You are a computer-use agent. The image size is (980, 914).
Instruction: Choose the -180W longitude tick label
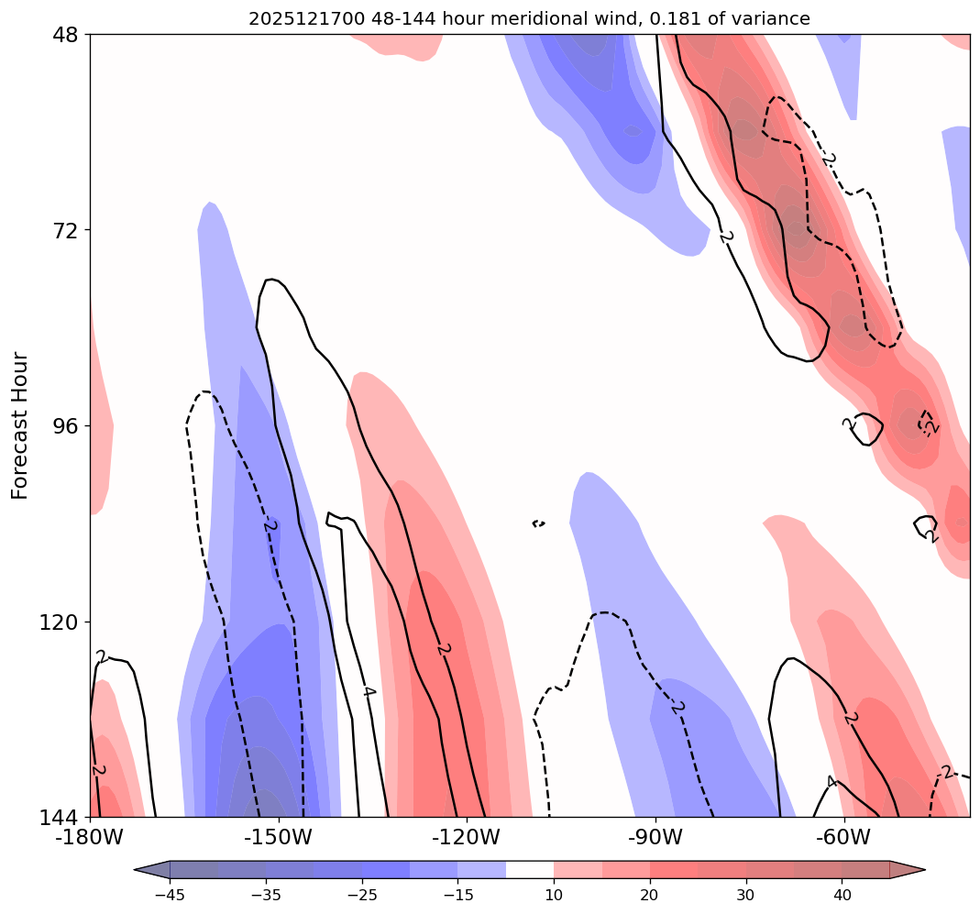tap(90, 837)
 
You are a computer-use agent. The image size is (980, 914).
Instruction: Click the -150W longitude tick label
tap(279, 837)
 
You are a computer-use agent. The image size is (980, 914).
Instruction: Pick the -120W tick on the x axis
tap(467, 837)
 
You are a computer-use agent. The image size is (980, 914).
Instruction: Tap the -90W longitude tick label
tap(655, 837)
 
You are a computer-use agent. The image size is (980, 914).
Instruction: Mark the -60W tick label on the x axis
tap(843, 837)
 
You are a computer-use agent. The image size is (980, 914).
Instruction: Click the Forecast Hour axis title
tap(20, 425)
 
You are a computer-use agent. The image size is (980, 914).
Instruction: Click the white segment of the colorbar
tap(530, 869)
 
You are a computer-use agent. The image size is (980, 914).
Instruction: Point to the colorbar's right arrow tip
tap(923, 869)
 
